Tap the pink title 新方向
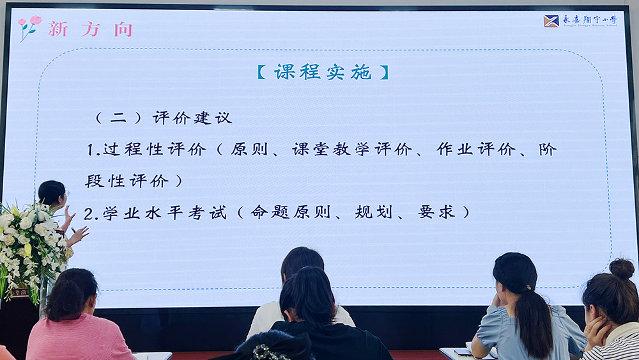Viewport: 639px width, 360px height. [91, 29]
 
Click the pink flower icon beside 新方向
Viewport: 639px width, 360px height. [29, 27]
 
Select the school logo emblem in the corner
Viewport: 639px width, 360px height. [551, 21]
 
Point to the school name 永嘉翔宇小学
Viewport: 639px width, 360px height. [590, 19]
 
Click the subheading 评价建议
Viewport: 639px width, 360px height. [192, 118]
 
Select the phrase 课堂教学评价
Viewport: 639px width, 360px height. [352, 149]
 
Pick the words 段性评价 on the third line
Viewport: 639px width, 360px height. [127, 180]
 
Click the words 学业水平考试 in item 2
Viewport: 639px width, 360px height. [164, 212]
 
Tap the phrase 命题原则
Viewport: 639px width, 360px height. [290, 212]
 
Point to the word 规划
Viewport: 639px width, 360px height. [373, 212]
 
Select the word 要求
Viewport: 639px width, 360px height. [436, 212]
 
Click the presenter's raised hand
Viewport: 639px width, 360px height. [79, 235]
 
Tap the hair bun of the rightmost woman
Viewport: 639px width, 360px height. [622, 269]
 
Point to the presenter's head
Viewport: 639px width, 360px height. [52, 193]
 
